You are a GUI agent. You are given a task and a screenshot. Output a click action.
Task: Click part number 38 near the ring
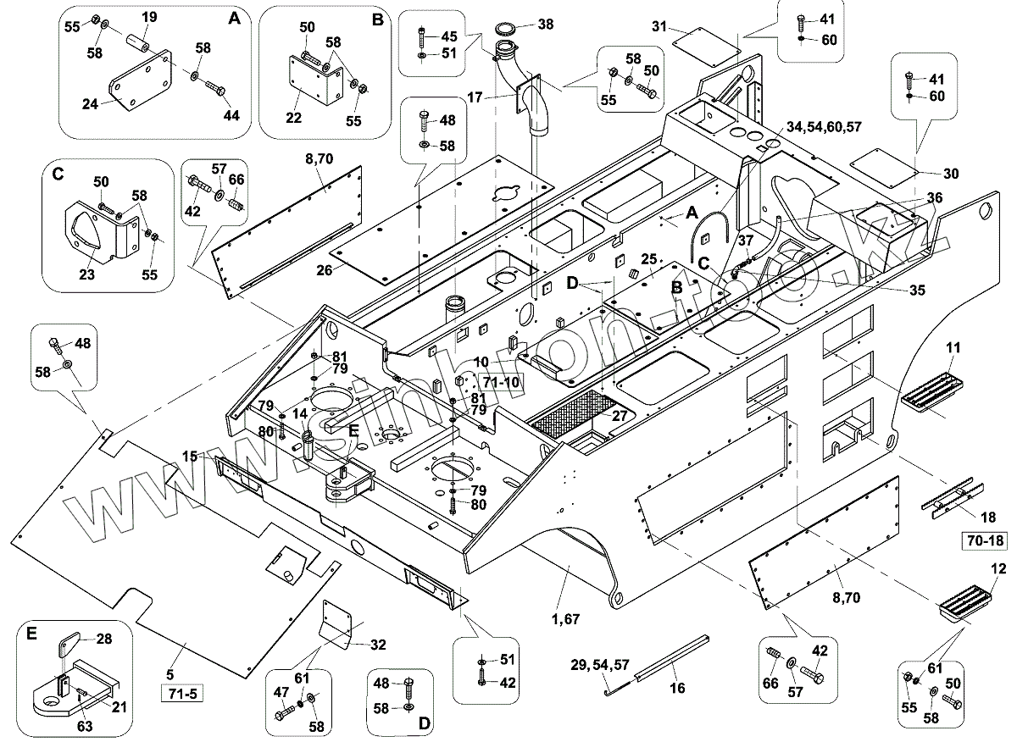tap(545, 25)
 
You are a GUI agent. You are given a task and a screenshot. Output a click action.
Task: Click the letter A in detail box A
tap(235, 18)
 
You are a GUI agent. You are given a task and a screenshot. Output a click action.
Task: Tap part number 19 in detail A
tap(149, 17)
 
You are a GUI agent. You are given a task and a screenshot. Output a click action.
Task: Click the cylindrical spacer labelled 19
tap(138, 40)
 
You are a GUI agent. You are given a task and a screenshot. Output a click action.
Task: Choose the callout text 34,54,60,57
tap(824, 126)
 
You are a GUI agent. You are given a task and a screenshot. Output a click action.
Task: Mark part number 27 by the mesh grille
tap(620, 416)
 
